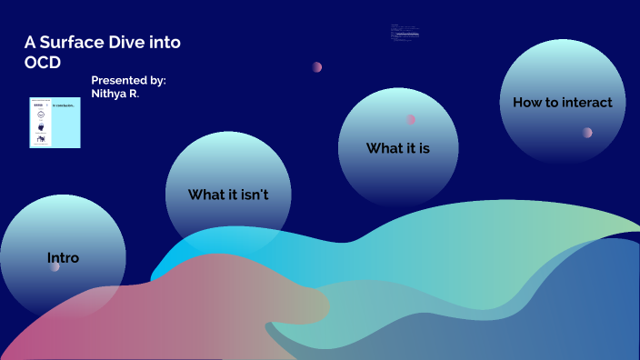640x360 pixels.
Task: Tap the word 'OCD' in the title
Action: (42, 62)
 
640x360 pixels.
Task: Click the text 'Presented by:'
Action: (128, 80)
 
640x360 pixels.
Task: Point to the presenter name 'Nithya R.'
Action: (115, 93)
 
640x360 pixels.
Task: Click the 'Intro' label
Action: (63, 258)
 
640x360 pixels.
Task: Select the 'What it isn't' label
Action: (228, 195)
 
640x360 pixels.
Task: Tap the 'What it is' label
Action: (398, 147)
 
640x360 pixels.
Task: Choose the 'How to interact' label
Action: (563, 103)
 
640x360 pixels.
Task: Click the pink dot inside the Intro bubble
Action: (55, 266)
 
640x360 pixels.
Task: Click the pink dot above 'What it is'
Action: (411, 119)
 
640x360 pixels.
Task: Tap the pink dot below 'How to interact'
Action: (587, 132)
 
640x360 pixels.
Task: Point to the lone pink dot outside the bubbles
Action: (317, 66)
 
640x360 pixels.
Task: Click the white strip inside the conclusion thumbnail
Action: (41, 122)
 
